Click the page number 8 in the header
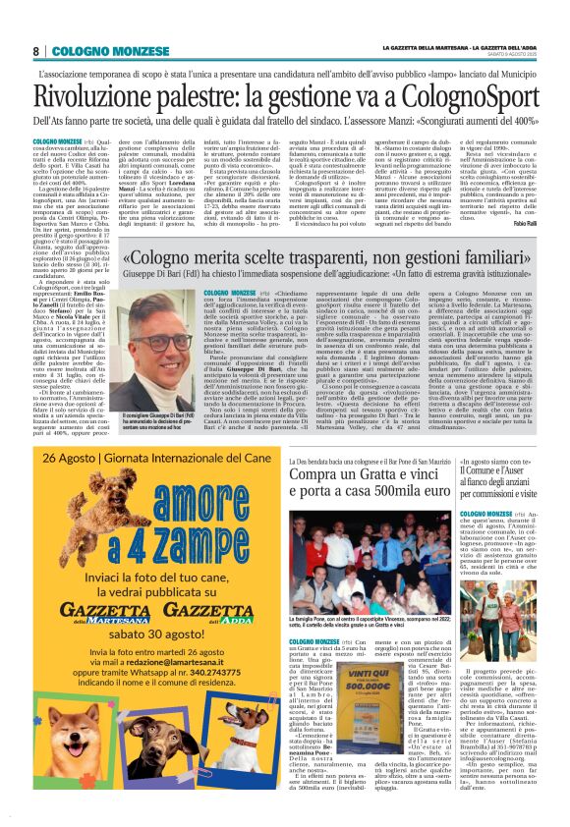pyautogui.click(x=35, y=51)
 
